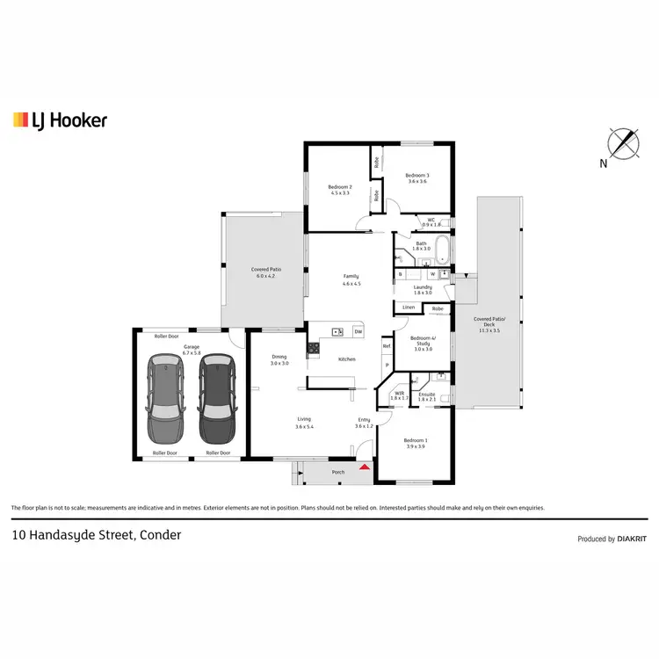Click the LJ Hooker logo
coord(60,120)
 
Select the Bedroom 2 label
coord(340,190)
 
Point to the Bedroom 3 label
coord(416,178)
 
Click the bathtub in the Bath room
coord(443,251)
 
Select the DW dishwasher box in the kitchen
coord(358,332)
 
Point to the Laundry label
coord(423,288)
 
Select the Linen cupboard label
coord(409,308)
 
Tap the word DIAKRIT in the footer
coord(633,540)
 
